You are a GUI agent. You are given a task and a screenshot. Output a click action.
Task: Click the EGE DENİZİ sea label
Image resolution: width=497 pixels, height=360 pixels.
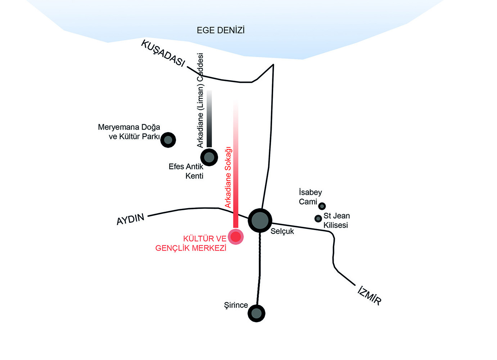click(221, 30)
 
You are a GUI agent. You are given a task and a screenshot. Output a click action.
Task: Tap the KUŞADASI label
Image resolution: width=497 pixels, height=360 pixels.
click(163, 53)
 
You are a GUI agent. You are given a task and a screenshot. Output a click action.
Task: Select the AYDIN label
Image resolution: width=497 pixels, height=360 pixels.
click(131, 219)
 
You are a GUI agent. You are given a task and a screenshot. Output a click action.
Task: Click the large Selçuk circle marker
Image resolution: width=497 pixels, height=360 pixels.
click(260, 220)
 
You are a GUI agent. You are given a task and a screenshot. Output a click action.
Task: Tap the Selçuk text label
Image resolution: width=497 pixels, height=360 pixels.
click(282, 231)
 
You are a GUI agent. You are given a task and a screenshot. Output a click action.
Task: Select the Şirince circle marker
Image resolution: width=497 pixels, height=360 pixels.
click(257, 314)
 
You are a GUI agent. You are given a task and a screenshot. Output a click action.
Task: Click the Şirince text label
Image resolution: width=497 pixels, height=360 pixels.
click(236, 305)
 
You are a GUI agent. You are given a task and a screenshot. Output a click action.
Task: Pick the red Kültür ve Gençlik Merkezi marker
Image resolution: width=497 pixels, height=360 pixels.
click(236, 237)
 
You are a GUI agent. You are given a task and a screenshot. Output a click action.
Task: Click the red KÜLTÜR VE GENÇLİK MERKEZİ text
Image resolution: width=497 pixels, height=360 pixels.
click(191, 243)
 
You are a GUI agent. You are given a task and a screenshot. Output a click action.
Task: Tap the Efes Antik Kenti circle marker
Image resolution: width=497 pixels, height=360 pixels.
click(209, 157)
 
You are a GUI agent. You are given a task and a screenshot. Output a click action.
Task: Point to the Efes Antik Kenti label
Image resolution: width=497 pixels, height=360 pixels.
click(186, 171)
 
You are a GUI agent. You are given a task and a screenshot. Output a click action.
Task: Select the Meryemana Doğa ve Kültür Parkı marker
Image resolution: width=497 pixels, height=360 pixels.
click(168, 140)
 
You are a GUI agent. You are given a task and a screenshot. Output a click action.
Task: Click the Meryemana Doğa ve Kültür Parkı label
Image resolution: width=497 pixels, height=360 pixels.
click(129, 132)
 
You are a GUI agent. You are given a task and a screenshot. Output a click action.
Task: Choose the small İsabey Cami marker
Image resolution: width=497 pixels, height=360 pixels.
click(322, 206)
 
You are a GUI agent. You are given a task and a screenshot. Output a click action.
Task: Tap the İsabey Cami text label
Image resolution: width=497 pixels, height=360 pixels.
click(310, 197)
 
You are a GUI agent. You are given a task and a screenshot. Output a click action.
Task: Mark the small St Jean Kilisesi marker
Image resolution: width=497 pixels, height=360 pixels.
click(318, 219)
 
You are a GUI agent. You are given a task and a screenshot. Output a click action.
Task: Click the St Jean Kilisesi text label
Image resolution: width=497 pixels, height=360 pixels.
click(336, 220)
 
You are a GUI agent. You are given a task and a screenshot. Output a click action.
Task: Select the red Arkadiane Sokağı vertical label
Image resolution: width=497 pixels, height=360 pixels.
click(228, 177)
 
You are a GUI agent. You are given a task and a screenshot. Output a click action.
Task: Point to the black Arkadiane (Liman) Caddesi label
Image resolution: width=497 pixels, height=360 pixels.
click(200, 100)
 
